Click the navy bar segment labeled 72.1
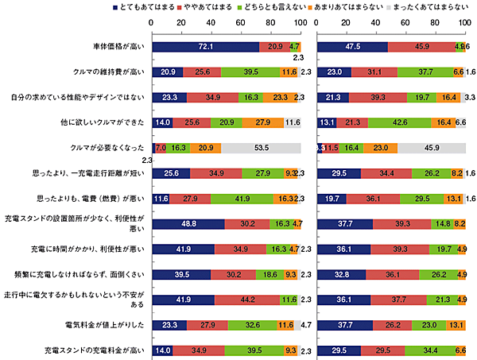tap(205, 47)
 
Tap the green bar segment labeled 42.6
tap(399, 123)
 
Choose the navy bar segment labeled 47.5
tap(352, 47)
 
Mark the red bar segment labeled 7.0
tap(160, 149)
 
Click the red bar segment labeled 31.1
tap(374, 72)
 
